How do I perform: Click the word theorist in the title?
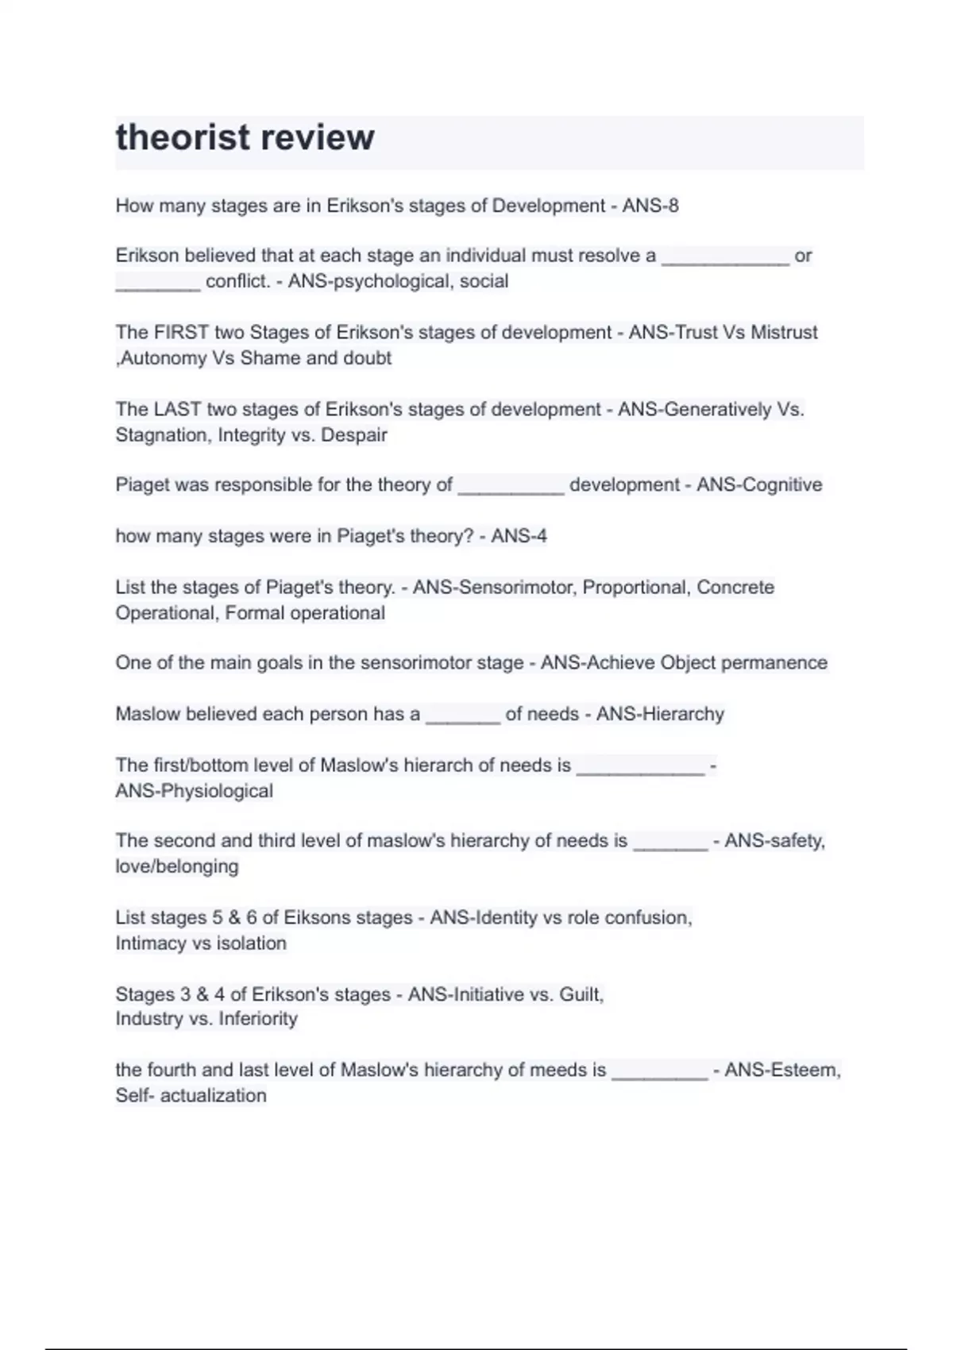click(182, 137)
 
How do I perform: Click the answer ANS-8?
click(650, 206)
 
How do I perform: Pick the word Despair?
click(354, 434)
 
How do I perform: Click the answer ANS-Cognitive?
click(759, 484)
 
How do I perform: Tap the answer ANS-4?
click(519, 536)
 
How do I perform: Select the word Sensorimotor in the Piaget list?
click(495, 587)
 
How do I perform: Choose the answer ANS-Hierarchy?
click(660, 714)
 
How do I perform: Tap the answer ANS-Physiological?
click(194, 791)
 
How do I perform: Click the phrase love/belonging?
click(176, 866)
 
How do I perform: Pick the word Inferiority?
click(257, 1018)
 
